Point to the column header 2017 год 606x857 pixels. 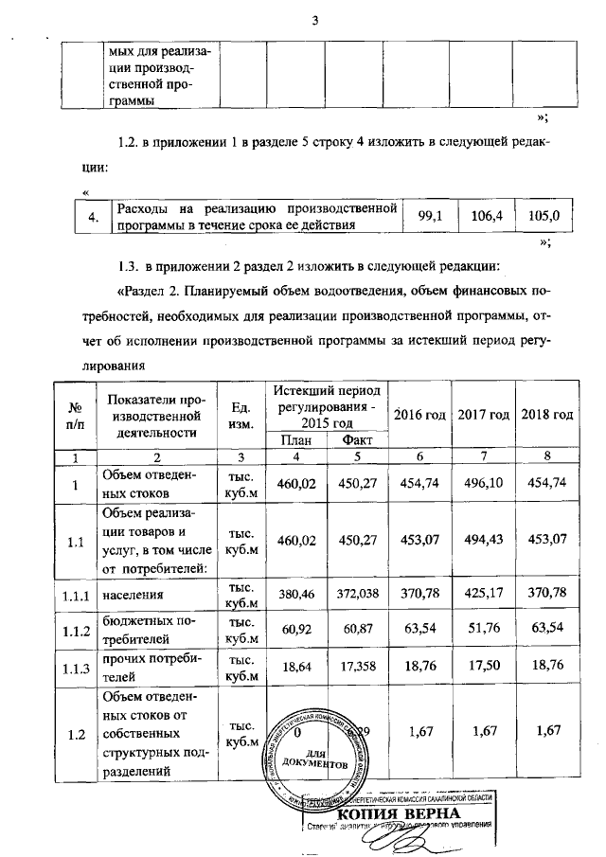pyautogui.click(x=485, y=416)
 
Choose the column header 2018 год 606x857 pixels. pyautogui.click(x=546, y=416)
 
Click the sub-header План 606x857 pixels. pyautogui.click(x=296, y=439)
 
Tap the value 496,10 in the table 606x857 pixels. pyautogui.click(x=484, y=484)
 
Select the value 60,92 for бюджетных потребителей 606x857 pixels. pyautogui.click(x=296, y=629)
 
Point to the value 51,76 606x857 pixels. pyautogui.click(x=484, y=629)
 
